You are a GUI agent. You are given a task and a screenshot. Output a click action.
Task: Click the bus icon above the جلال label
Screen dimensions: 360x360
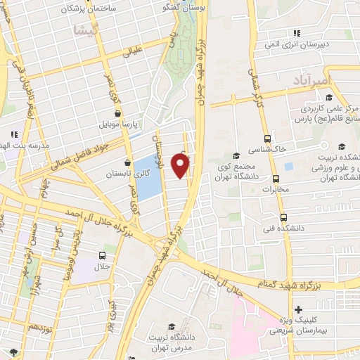click(103, 256)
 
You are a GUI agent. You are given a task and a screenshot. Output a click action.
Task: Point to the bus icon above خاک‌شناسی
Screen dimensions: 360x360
click(267, 139)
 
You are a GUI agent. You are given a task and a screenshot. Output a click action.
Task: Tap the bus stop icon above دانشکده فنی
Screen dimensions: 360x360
click(283, 217)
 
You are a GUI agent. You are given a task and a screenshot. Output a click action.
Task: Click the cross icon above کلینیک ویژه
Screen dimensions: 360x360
click(300, 310)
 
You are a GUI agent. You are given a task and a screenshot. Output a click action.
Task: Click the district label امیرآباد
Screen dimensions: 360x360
click(310, 82)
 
